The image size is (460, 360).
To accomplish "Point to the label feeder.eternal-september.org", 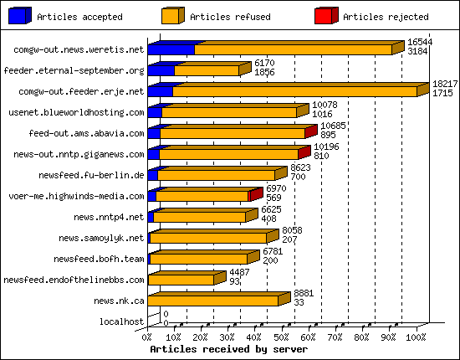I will coord(74,70).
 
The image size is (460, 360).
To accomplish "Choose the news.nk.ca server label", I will coord(119,301).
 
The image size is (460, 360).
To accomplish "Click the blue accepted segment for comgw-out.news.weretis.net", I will coord(171,49).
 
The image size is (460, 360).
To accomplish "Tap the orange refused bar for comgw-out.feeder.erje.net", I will coord(293,91).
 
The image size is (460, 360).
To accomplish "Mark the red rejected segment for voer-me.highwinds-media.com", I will coord(254,195).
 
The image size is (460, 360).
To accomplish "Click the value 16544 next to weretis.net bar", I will coord(420,42).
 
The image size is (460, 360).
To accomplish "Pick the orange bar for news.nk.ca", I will coord(213,300).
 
